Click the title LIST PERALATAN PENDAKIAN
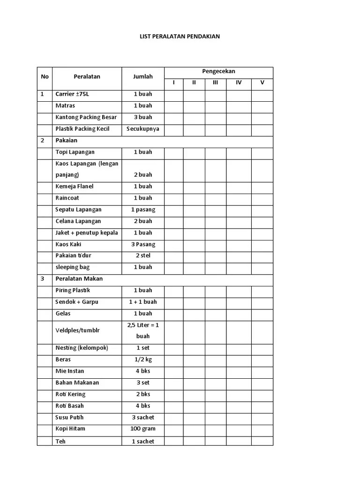(x=180, y=36)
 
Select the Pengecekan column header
(x=218, y=72)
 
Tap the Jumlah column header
(x=142, y=77)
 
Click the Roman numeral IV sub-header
(x=239, y=83)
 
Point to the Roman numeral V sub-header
(x=262, y=83)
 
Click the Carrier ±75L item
(x=72, y=94)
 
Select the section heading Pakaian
(x=66, y=141)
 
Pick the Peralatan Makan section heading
(x=79, y=279)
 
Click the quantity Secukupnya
(x=143, y=129)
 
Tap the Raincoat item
(x=68, y=198)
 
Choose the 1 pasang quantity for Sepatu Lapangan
(x=143, y=210)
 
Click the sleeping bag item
(x=72, y=267)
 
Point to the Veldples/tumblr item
(x=77, y=330)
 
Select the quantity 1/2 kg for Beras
(x=143, y=360)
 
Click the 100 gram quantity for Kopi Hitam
(x=143, y=429)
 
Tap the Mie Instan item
(x=70, y=371)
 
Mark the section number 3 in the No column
(x=42, y=279)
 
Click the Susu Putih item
(x=70, y=417)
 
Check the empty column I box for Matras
(x=173, y=106)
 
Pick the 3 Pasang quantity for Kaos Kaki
(x=143, y=244)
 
